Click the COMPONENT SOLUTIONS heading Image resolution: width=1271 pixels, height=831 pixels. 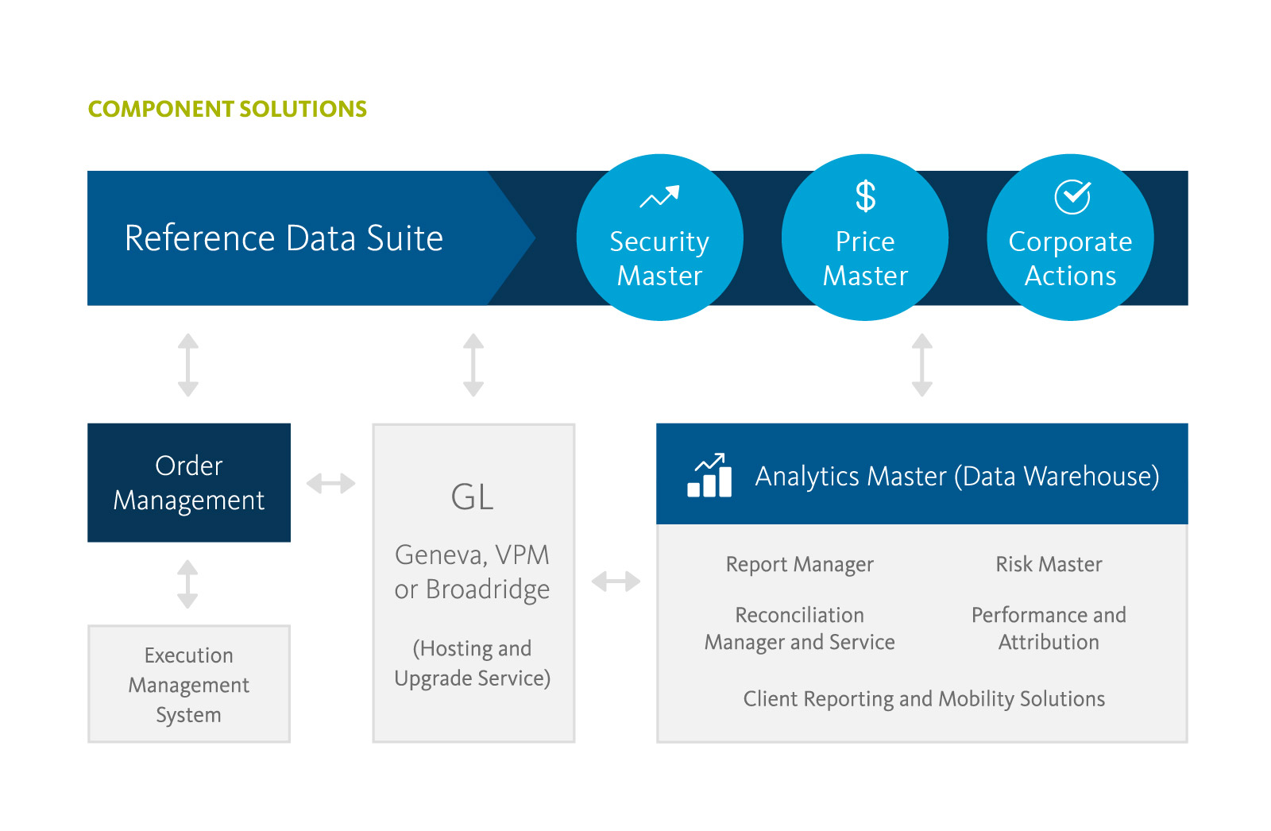pos(227,109)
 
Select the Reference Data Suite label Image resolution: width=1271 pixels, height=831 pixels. pos(284,238)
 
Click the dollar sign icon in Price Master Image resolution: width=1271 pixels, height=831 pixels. pos(865,196)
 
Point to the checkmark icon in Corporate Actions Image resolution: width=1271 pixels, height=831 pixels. pos(1072,196)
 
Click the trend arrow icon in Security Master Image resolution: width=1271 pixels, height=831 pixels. pos(659,196)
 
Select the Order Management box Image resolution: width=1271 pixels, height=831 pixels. pos(189,482)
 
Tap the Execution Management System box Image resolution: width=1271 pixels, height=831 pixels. pos(189,684)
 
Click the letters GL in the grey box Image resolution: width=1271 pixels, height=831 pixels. pos(473,497)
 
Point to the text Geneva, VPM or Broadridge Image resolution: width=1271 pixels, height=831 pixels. pos(473,572)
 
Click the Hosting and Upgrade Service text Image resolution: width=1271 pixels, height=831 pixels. pos(473,663)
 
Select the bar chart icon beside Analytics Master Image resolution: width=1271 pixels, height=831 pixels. pos(709,476)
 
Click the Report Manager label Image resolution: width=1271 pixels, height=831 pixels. pos(799,564)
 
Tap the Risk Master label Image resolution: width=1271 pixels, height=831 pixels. pos(1049,564)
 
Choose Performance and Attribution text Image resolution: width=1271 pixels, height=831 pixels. pos(1049,628)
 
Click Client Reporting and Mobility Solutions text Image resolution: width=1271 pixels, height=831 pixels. pos(923,699)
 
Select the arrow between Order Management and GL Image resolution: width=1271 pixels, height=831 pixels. pos(331,483)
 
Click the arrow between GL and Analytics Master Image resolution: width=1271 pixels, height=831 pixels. pos(616,582)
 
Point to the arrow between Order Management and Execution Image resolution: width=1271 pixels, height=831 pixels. pos(187,584)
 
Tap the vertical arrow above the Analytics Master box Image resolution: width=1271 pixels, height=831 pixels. pos(921,365)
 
